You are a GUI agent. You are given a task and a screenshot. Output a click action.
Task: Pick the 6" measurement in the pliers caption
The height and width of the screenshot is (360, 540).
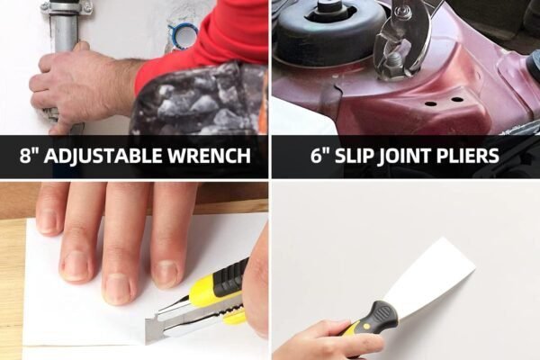click(321, 157)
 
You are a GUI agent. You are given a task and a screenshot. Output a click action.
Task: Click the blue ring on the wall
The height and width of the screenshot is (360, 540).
click(184, 36)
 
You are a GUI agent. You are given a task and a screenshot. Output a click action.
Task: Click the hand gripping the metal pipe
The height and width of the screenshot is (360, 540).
click(76, 85)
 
